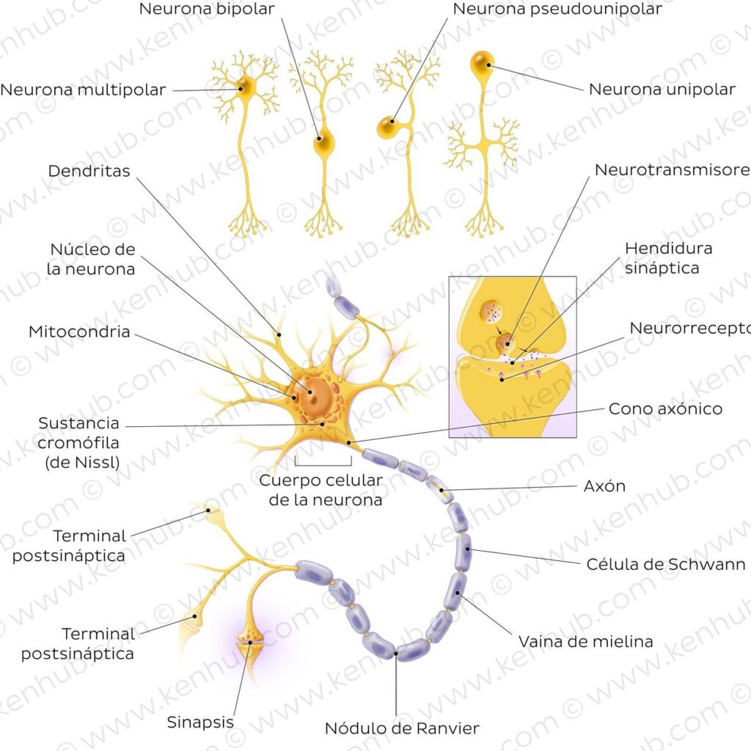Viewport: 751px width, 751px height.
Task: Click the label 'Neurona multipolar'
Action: click(83, 90)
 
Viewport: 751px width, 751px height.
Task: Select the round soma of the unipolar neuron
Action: click(482, 62)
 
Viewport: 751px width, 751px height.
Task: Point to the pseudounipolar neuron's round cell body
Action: click(388, 128)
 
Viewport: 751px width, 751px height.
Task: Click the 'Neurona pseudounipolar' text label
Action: click(557, 10)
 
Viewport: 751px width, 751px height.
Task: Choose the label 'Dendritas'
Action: click(89, 171)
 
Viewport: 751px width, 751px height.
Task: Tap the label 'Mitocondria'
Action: click(79, 331)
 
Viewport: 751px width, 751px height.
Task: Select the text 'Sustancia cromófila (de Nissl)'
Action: click(79, 442)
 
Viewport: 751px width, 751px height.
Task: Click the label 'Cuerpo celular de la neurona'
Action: click(320, 491)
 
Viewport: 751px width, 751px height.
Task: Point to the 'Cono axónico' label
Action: click(665, 409)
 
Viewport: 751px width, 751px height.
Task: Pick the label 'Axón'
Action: click(604, 486)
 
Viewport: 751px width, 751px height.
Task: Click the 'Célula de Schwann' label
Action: click(666, 564)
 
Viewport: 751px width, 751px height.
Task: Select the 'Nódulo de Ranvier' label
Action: click(402, 728)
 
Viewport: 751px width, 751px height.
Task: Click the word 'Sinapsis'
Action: click(200, 722)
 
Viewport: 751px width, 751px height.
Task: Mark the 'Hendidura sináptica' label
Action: click(668, 257)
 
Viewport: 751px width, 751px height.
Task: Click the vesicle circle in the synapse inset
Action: click(492, 312)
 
